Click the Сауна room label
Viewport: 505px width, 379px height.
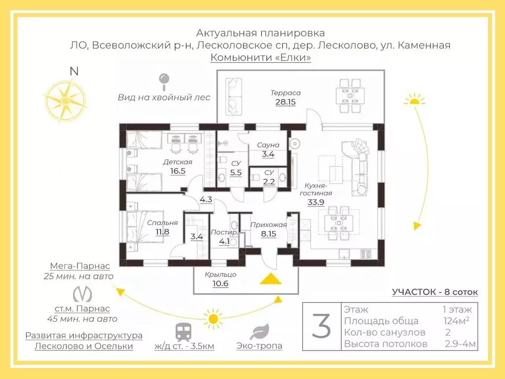pyautogui.click(x=268, y=145)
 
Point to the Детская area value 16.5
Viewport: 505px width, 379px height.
pyautogui.click(x=178, y=171)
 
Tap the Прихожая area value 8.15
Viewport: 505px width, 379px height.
pyautogui.click(x=269, y=234)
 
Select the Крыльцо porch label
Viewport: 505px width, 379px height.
pyautogui.click(x=220, y=274)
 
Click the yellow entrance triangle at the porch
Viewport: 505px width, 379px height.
pyautogui.click(x=271, y=279)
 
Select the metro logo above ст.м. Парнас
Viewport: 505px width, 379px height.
pyautogui.click(x=82, y=294)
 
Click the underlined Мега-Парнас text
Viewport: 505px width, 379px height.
pyautogui.click(x=82, y=265)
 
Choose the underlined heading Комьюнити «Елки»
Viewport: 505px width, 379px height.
pyautogui.click(x=260, y=58)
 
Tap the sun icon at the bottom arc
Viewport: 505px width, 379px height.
pyautogui.click(x=214, y=318)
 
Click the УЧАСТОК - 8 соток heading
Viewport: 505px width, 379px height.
pyautogui.click(x=435, y=292)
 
